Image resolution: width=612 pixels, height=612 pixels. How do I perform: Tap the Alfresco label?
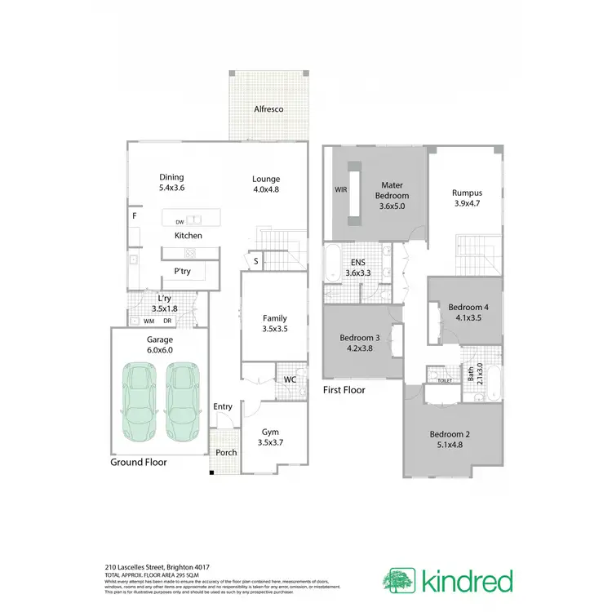click(x=268, y=109)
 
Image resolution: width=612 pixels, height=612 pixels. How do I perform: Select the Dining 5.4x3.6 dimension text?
click(x=171, y=188)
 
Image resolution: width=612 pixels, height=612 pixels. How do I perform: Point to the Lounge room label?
click(x=266, y=179)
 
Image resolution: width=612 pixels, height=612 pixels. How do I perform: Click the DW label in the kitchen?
click(x=180, y=221)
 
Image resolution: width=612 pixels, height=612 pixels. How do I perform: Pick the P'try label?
click(x=182, y=272)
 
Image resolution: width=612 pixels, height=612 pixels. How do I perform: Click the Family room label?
click(x=274, y=318)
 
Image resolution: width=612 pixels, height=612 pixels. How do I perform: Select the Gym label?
click(x=271, y=432)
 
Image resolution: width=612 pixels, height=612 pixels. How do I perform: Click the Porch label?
click(x=225, y=453)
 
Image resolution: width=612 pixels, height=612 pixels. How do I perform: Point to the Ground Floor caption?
click(x=139, y=462)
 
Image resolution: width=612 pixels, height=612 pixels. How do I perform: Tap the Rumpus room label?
click(x=468, y=193)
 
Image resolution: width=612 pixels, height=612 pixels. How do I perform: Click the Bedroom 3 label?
click(x=360, y=338)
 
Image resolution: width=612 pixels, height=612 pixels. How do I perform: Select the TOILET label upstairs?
click(x=445, y=381)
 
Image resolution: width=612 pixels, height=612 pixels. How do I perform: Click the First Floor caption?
click(x=344, y=390)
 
